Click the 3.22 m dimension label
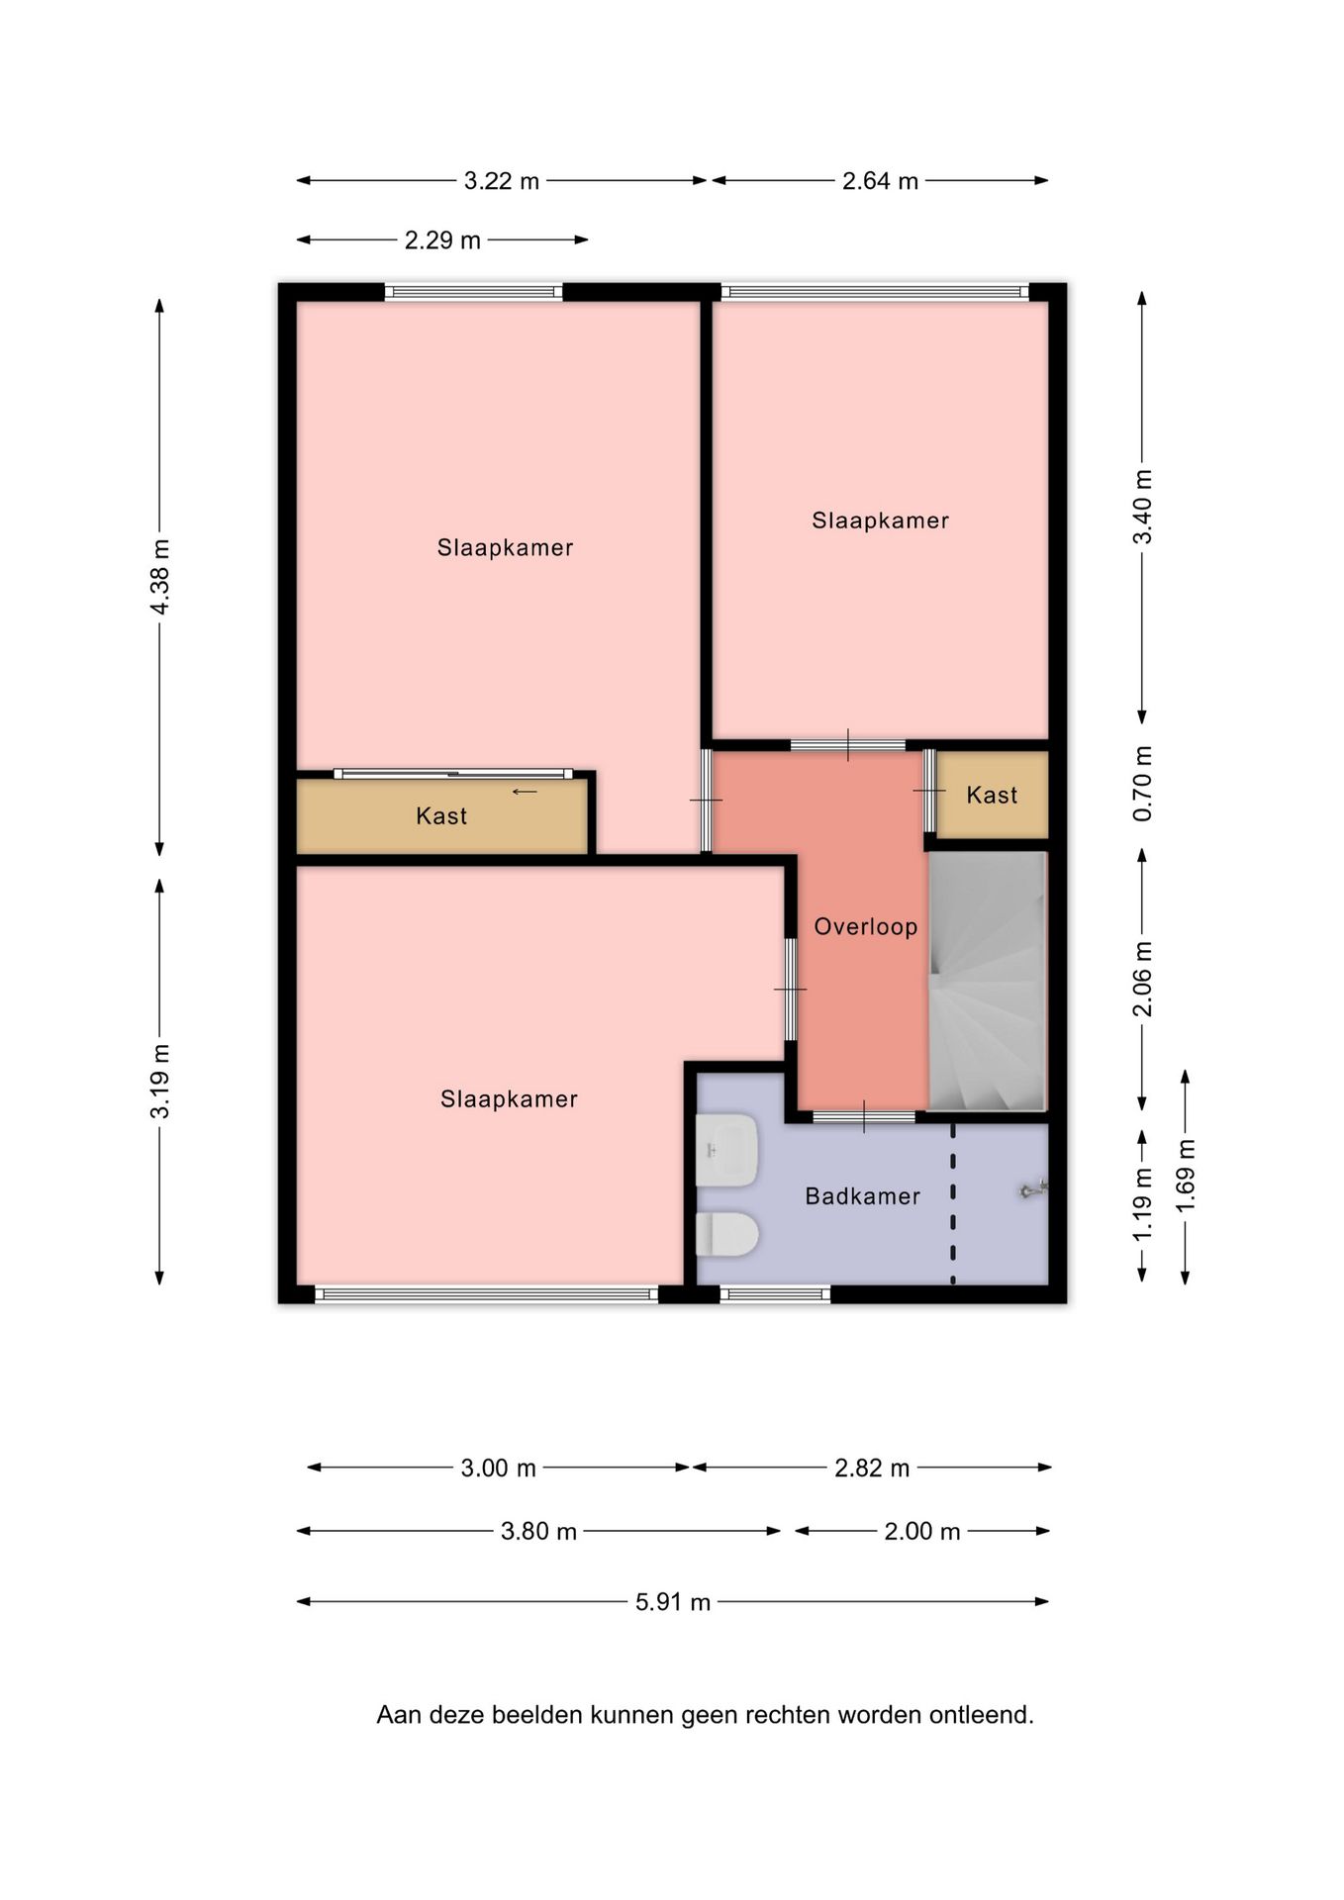point(502,181)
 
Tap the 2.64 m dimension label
point(880,181)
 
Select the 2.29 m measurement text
point(442,240)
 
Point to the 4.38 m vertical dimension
point(160,577)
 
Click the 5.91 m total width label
point(673,1602)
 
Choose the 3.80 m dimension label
point(538,1532)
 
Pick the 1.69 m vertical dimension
point(1186,1176)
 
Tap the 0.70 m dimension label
point(1142,784)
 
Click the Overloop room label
point(866,927)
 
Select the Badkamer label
point(863,1196)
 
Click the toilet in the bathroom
point(727,1235)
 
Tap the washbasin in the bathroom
point(727,1150)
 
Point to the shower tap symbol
point(1033,1190)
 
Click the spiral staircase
point(987,981)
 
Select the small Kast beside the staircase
point(992,795)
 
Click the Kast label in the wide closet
point(441,816)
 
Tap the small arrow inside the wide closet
point(525,792)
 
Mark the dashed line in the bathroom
point(953,1204)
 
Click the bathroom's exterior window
point(775,1294)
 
